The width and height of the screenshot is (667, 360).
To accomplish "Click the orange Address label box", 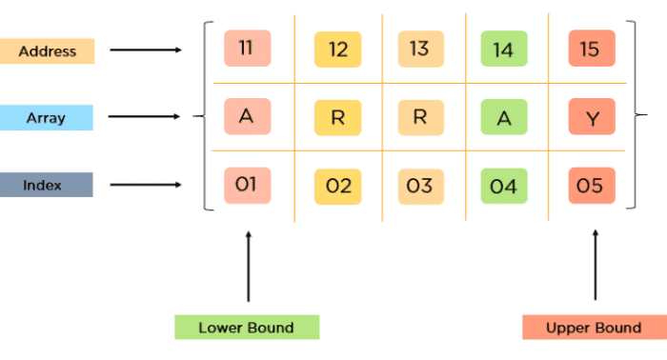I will [47, 50].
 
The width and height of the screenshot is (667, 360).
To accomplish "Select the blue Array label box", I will [47, 117].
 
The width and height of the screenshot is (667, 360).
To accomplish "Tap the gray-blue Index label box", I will [47, 184].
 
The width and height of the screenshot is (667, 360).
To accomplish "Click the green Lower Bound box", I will [247, 328].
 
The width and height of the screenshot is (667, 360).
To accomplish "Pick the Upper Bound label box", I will [594, 328].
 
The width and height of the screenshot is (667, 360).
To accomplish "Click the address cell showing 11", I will [247, 49].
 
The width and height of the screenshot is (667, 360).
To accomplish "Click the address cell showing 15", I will [590, 49].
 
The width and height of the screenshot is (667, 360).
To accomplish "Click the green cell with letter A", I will [503, 117].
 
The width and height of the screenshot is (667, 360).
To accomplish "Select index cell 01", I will [247, 184].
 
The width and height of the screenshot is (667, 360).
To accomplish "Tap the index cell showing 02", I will [338, 186].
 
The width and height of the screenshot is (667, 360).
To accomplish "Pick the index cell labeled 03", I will [419, 186].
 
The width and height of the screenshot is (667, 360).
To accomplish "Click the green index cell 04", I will [503, 186].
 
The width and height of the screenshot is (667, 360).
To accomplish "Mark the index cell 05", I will [590, 186].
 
